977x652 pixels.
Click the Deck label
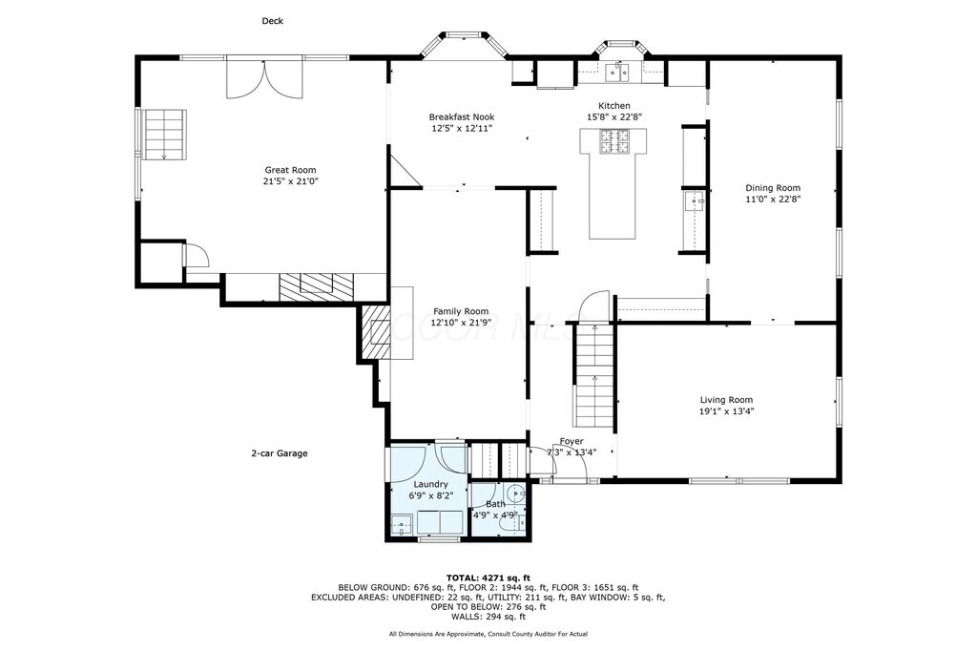tap(272, 21)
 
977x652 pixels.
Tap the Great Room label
tap(290, 170)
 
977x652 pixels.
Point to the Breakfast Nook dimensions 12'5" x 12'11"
tap(462, 129)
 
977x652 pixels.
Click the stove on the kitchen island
tap(613, 141)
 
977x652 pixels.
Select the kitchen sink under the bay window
tap(618, 73)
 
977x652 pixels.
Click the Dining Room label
tap(773, 188)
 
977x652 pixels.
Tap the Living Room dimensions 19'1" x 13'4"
tap(726, 411)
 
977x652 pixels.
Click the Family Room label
tap(461, 311)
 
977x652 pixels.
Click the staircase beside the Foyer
tap(594, 375)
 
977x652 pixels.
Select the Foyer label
tap(572, 441)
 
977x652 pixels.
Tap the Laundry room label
tap(430, 484)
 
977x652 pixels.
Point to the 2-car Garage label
tap(280, 453)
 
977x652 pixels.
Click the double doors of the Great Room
tap(265, 76)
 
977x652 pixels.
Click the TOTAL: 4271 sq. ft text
tap(488, 578)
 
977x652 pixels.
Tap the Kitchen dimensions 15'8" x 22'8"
tap(614, 116)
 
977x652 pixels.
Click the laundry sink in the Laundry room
tap(402, 525)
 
